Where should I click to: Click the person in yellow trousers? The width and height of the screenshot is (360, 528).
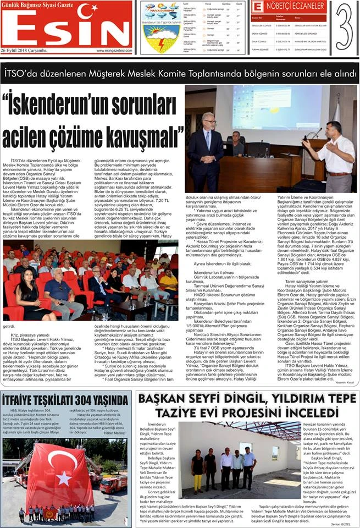[x=198, y=471]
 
